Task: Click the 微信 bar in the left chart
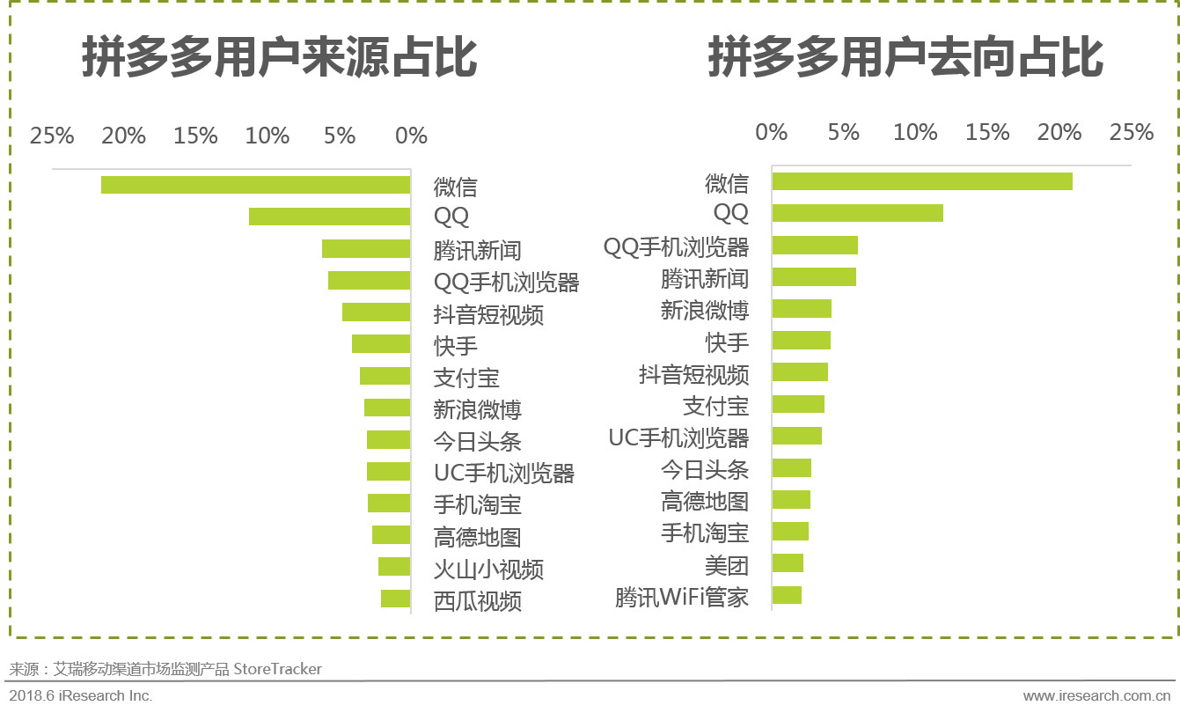point(255,185)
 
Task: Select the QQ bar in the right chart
point(857,213)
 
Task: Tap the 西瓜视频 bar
point(395,599)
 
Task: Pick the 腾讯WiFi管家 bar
point(787,595)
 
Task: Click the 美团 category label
point(727,564)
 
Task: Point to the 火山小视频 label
point(488,569)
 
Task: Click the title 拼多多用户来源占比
point(280,59)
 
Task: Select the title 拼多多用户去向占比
point(905,59)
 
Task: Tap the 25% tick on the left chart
point(52,136)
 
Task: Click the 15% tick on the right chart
point(987,132)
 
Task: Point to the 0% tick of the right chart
point(772,132)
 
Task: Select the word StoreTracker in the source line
point(277,669)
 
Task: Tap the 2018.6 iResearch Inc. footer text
point(81,695)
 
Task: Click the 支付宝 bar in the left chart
point(385,376)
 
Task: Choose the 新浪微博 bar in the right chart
point(802,308)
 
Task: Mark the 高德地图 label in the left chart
point(477,537)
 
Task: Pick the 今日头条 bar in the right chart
point(791,467)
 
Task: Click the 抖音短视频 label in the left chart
point(488,314)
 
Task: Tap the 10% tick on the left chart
point(268,136)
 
